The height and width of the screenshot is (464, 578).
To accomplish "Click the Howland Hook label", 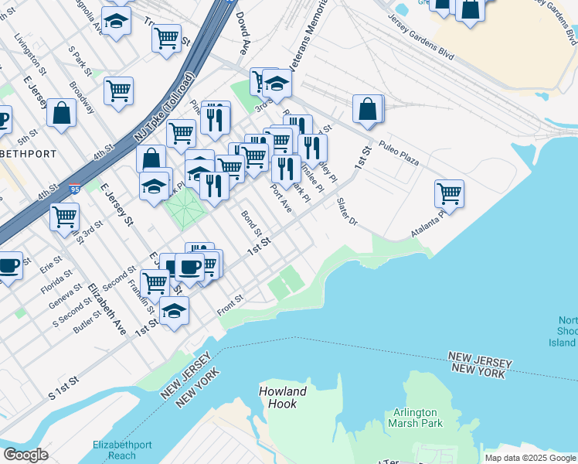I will [x=283, y=397].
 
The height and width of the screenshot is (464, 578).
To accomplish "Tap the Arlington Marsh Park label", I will [x=416, y=418].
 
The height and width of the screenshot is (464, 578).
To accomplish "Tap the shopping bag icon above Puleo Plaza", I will [x=369, y=110].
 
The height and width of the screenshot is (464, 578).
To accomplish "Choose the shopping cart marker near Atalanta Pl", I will [x=449, y=193].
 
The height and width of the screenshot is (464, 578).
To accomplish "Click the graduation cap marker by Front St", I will [x=175, y=311].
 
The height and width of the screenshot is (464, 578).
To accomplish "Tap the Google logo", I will [x=25, y=455].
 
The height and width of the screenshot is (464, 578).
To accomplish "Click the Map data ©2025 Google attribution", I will [x=530, y=458].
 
